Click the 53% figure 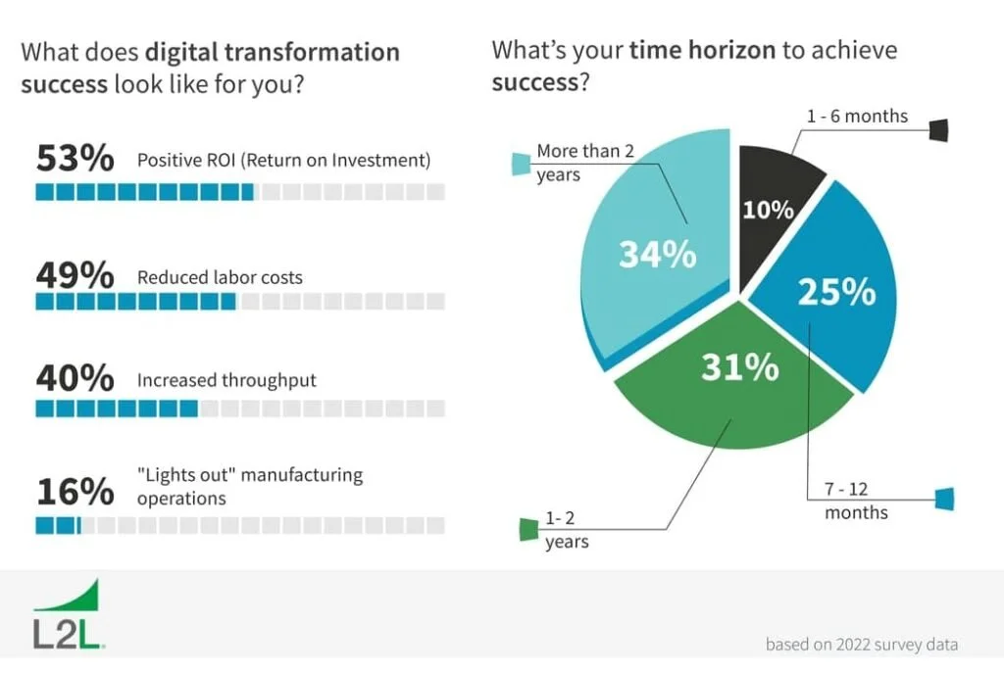click(75, 159)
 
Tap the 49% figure click(75, 276)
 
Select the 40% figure click(75, 380)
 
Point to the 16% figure click(75, 491)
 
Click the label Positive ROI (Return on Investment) click(284, 160)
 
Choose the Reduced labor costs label click(220, 277)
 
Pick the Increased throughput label click(226, 380)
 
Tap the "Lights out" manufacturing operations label click(250, 486)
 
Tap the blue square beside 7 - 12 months click(944, 499)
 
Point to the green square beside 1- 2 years click(528, 530)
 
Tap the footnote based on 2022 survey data click(861, 645)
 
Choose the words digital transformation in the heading click(273, 52)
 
